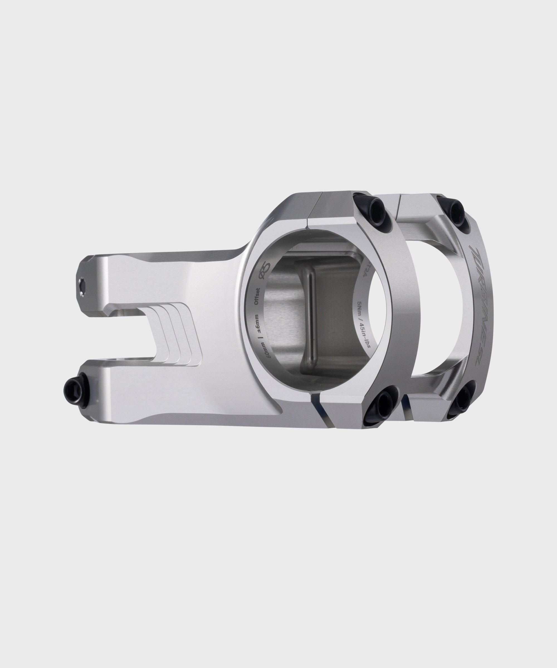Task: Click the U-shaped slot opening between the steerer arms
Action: pyautogui.click(x=134, y=334)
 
